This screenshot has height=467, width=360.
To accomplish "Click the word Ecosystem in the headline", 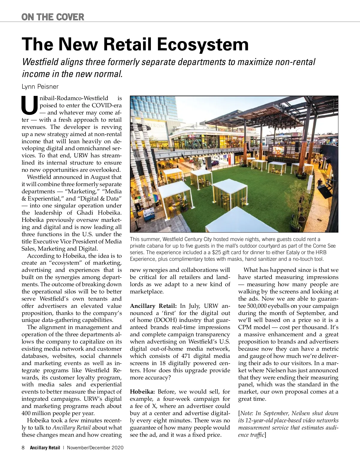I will click(203, 44).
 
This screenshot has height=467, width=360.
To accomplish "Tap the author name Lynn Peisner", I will click(40, 87).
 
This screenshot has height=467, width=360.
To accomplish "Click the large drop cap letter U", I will click(30, 106).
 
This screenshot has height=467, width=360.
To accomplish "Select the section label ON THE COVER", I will click(53, 17).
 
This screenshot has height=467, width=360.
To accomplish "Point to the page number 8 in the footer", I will click(23, 448).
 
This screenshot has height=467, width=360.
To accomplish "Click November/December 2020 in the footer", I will click(95, 448).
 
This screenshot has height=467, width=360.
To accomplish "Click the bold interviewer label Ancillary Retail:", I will click(153, 306).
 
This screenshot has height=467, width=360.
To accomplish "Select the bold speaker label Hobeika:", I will click(142, 392).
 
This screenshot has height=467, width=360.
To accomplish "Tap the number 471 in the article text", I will click(186, 356).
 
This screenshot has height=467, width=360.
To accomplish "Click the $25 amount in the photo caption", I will click(216, 252).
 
